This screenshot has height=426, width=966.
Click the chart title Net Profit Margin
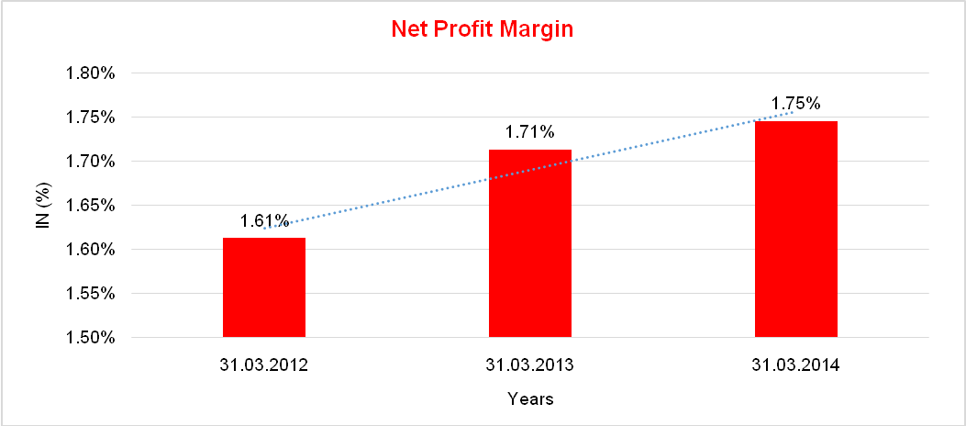pos(482,28)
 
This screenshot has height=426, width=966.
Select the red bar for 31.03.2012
pos(264,287)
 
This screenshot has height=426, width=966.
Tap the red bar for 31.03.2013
pos(530,243)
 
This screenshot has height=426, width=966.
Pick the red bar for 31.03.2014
pos(796,229)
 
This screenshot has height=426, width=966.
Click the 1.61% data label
pos(264,221)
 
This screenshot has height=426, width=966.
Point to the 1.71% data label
pos(530,132)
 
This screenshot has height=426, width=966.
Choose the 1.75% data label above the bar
pos(795,103)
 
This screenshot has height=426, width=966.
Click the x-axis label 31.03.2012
pos(264,364)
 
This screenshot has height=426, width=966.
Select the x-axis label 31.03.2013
pos(530,364)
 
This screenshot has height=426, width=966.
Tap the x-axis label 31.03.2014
pos(796,364)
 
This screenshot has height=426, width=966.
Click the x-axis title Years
pos(530,399)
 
